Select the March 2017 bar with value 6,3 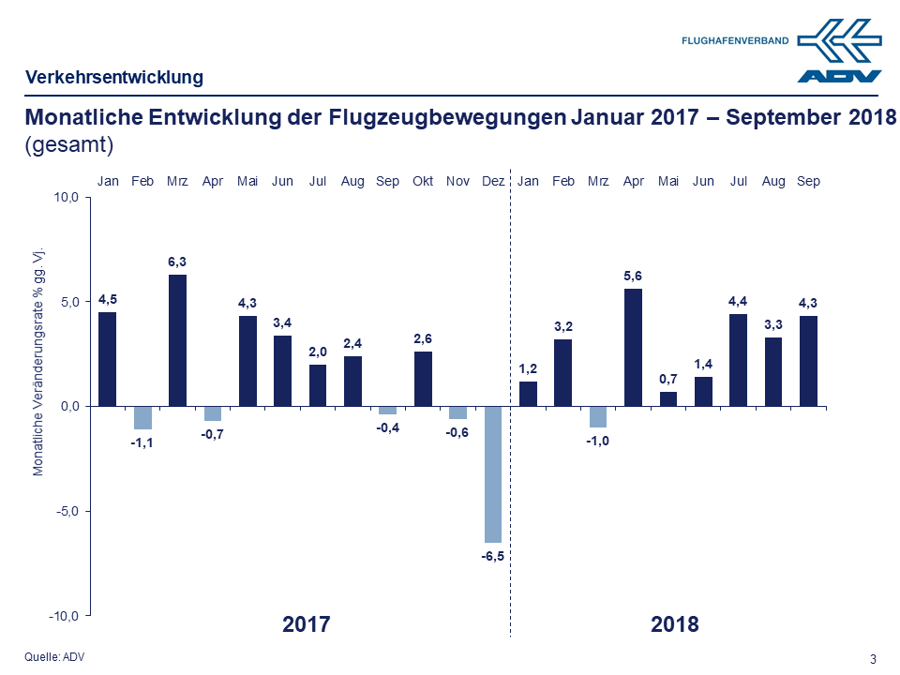[177, 339]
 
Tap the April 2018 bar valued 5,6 [633, 347]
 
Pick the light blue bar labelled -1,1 [142, 417]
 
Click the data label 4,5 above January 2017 [108, 299]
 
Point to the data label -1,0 [598, 442]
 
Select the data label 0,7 [667, 379]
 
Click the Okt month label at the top [423, 181]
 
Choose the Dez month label [492, 181]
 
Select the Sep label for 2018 [808, 181]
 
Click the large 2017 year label [306, 624]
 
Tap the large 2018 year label [674, 624]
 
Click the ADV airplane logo [840, 52]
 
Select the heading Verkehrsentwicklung [113, 78]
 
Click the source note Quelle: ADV [54, 656]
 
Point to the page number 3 [873, 658]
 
